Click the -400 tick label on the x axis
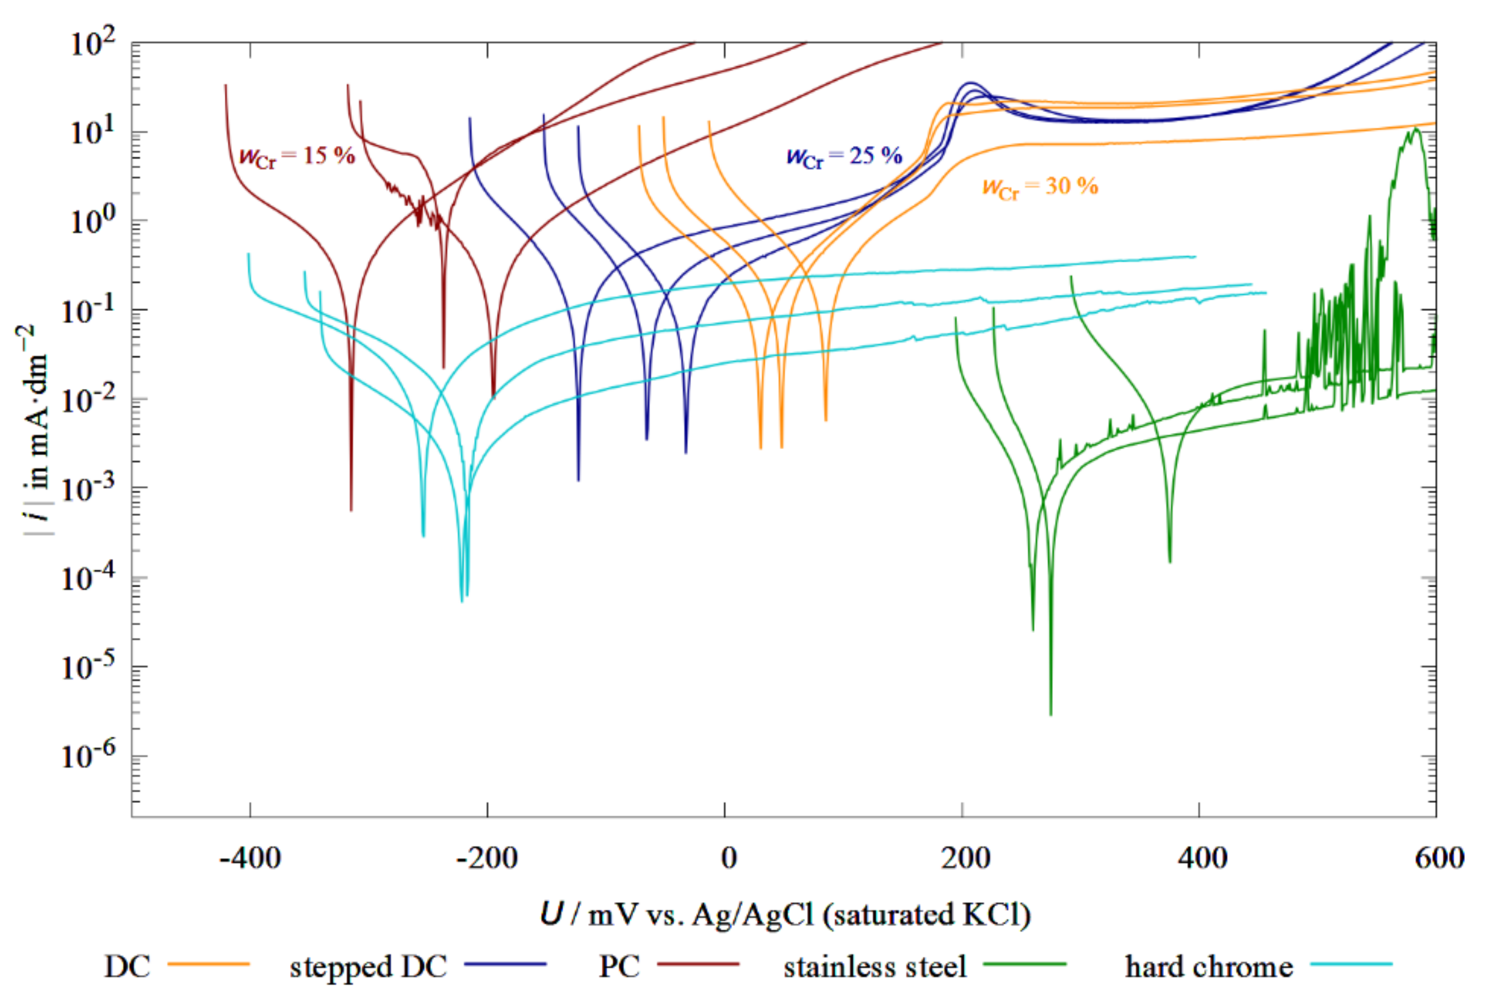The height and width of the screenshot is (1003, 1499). [250, 858]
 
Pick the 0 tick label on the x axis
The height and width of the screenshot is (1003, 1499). [728, 858]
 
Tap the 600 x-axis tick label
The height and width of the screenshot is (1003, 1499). [1439, 858]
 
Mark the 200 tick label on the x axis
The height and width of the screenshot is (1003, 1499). [965, 858]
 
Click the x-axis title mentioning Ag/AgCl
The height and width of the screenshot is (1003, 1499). [785, 915]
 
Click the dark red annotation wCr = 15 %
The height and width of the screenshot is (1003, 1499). [296, 155]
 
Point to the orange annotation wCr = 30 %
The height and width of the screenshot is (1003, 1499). [1039, 186]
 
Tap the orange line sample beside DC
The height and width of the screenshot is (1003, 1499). [208, 963]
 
